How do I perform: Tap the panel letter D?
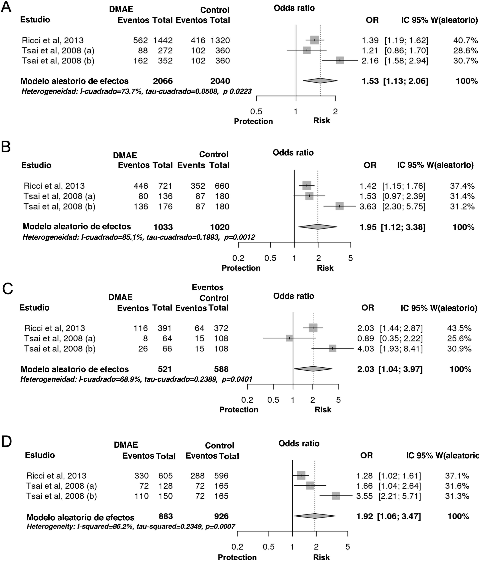pos(6,442)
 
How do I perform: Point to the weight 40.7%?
pos(465,40)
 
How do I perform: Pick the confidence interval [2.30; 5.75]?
pos(404,207)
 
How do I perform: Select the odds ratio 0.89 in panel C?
pos(366,338)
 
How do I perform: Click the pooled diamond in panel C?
pos(313,369)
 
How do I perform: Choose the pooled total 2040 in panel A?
pos(220,81)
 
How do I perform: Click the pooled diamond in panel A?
pos(320,81)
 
